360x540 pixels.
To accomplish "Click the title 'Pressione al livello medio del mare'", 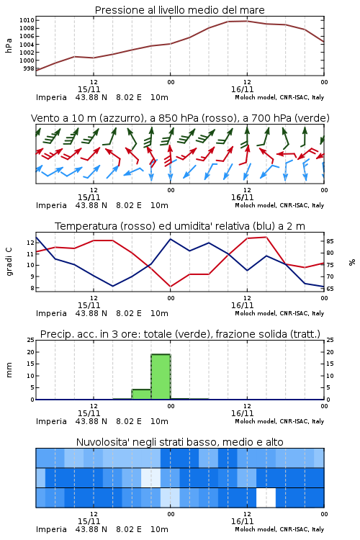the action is point(179,10).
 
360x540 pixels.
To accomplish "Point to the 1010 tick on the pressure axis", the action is point(27,20).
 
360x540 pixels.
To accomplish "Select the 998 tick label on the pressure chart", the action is point(29,68).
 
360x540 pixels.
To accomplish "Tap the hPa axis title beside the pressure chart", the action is point(9,45).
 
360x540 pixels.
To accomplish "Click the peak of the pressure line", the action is point(247,21).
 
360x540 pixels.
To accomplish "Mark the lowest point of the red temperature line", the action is point(170,287).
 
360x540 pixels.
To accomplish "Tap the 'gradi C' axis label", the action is point(9,262).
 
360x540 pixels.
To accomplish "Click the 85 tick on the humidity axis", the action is point(330,241).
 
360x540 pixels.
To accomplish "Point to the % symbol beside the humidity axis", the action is point(352,262).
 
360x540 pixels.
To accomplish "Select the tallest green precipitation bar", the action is point(161,377).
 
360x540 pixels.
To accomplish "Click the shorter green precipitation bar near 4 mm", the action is point(141,395).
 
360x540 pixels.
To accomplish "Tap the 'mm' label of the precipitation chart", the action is point(9,370).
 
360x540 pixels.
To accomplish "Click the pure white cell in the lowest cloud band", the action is point(266,498).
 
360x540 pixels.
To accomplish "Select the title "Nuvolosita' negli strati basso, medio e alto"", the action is point(179,442).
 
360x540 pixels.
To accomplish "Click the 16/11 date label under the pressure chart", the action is point(242,89).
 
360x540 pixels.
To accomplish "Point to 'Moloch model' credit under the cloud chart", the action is point(256,529).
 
